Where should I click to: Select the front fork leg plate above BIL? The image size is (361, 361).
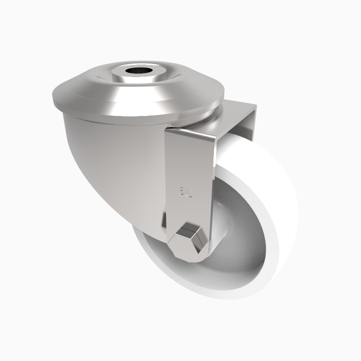pos(187,158)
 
